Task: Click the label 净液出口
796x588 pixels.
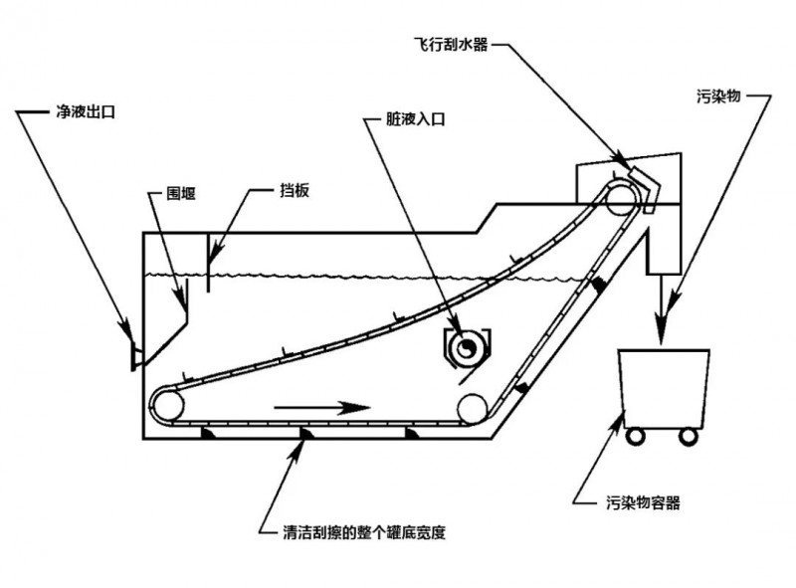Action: [86, 111]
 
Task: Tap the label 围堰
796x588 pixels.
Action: [181, 193]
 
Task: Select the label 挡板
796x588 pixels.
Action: [295, 190]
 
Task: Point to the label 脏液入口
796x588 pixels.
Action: [415, 118]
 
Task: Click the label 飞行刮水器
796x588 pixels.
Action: [451, 44]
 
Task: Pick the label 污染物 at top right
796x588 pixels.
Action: [718, 96]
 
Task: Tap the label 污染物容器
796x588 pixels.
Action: [643, 502]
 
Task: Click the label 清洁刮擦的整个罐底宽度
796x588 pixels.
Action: [364, 532]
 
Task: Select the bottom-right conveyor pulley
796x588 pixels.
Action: [473, 409]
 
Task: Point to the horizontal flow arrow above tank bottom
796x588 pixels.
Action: [322, 408]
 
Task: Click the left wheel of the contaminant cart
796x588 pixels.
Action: [635, 436]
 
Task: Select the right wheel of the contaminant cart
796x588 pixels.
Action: [688, 436]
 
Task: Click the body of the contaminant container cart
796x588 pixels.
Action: [664, 389]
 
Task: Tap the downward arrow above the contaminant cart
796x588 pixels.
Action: [661, 310]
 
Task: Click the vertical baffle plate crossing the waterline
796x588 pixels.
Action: [208, 263]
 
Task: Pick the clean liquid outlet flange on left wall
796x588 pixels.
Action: [134, 355]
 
